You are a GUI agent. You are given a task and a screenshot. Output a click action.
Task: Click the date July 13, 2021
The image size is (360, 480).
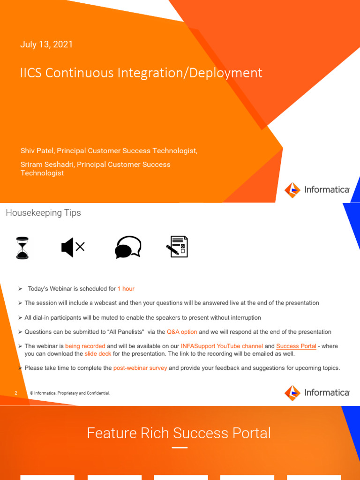click(x=46, y=45)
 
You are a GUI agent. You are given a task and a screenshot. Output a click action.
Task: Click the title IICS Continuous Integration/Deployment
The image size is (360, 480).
click(x=141, y=73)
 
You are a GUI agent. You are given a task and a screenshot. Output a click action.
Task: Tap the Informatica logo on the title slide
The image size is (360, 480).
click(x=317, y=190)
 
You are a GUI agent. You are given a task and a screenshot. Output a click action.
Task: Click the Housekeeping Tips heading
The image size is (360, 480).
click(x=43, y=213)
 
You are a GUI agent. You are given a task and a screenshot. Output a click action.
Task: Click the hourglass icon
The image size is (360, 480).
click(x=22, y=247)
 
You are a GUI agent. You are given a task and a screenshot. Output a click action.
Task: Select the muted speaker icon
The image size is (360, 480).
click(x=73, y=247)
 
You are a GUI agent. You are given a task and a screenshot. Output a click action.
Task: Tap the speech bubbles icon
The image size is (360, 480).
click(x=128, y=247)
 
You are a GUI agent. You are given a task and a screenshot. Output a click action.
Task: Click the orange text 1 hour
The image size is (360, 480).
click(x=126, y=289)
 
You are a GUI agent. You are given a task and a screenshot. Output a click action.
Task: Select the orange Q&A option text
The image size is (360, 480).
click(x=182, y=332)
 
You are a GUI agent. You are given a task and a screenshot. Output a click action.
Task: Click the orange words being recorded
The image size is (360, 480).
click(x=85, y=346)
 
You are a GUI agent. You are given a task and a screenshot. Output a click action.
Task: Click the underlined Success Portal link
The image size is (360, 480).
click(x=296, y=346)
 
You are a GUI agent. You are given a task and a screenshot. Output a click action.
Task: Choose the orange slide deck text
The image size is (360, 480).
click(x=97, y=353)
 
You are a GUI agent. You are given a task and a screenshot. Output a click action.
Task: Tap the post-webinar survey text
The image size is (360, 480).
click(x=140, y=368)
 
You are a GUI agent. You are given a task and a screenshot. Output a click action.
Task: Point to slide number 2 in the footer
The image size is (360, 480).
click(x=16, y=393)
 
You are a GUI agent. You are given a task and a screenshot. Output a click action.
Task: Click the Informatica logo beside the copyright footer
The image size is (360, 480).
click(x=317, y=393)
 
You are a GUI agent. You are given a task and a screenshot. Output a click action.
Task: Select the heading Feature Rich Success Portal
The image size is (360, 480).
click(x=179, y=433)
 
